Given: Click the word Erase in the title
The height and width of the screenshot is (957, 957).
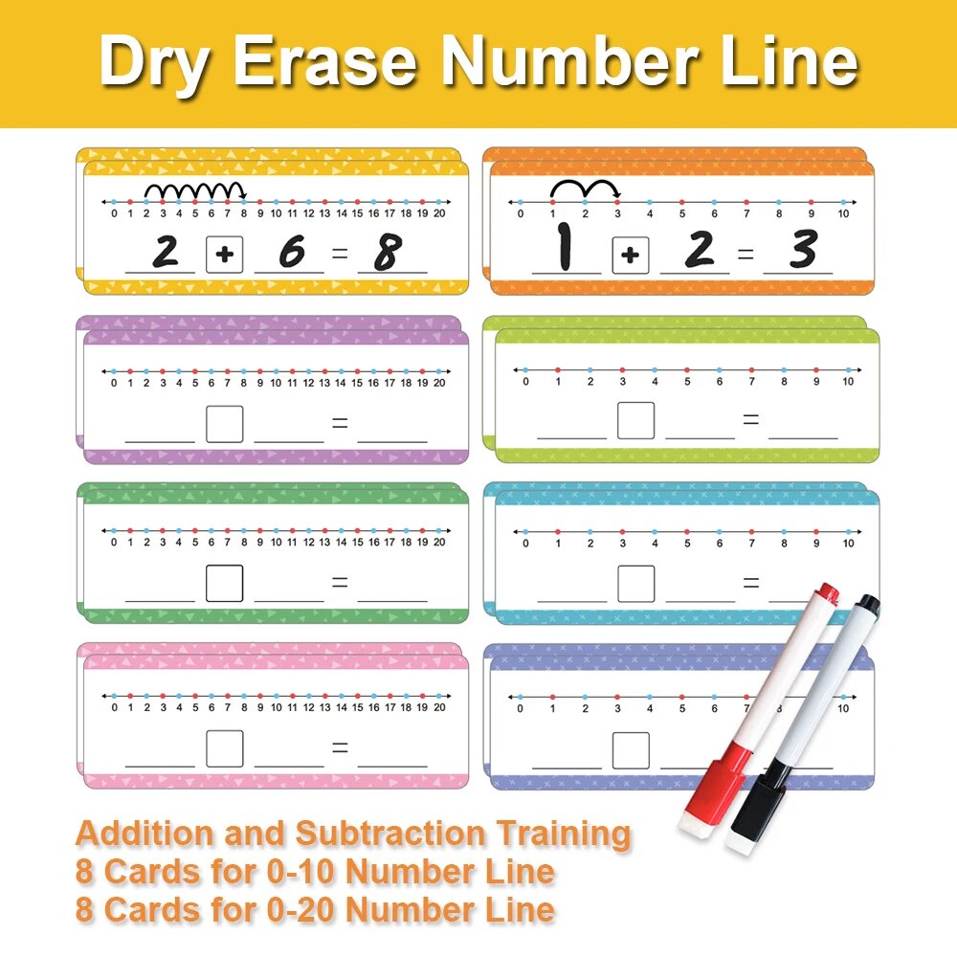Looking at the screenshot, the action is tap(326, 61).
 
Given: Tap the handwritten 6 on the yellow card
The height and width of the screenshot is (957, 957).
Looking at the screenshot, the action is tap(292, 251).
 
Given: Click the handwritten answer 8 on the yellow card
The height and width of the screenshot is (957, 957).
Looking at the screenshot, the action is tap(389, 252).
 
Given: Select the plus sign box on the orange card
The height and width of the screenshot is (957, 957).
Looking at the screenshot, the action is tap(631, 256).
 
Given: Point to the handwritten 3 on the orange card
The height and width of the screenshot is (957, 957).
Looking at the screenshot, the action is tap(803, 249).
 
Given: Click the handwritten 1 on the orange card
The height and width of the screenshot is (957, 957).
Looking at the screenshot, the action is tap(566, 247).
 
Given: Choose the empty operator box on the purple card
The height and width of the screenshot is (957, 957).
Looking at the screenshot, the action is tap(225, 424).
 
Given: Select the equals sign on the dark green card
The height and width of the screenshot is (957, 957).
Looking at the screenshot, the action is tap(340, 583).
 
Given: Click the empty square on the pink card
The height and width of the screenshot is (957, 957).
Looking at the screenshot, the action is tap(225, 748).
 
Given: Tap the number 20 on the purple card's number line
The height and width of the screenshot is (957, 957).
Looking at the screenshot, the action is tap(439, 384).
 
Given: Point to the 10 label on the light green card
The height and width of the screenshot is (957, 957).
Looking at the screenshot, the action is tap(848, 382).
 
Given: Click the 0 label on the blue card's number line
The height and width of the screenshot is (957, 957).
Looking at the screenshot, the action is tap(525, 544).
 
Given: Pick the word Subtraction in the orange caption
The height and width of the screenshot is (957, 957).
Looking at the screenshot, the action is tap(390, 834).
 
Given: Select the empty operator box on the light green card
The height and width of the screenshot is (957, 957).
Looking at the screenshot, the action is tap(636, 420).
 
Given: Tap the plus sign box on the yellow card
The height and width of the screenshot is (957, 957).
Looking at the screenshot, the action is tap(225, 255).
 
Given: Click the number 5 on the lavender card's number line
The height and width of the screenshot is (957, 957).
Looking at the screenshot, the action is tap(681, 708).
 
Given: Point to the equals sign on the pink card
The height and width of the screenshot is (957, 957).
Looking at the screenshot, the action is tap(340, 747).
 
